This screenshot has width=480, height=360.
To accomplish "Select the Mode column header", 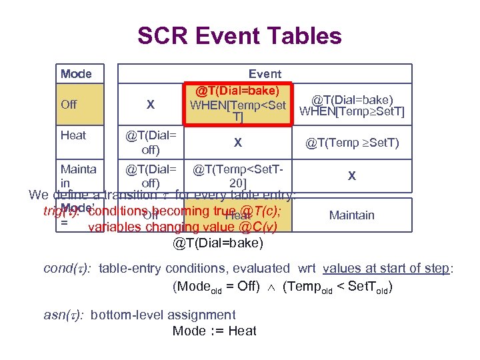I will [76, 73].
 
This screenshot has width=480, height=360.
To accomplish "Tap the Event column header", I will [265, 73].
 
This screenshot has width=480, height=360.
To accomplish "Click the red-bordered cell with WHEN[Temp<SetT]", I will [238, 104].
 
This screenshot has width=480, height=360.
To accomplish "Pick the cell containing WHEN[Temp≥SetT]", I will [352, 105].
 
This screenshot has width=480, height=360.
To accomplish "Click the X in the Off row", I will [150, 105].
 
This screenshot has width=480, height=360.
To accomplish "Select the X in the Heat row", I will [238, 142].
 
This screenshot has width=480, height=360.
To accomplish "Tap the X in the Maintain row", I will [352, 177].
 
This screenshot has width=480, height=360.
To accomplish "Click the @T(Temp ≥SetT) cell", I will [352, 142].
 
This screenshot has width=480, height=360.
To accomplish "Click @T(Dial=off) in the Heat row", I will [150, 142].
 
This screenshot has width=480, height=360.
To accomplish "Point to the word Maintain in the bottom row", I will [352, 215].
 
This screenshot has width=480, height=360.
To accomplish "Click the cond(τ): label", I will [67, 269].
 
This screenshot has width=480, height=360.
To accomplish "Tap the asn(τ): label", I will [63, 315].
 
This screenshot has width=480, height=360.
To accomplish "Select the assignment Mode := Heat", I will [214, 331].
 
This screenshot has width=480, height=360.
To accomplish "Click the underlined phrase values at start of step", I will [386, 269].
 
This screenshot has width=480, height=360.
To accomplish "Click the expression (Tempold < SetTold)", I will [337, 288].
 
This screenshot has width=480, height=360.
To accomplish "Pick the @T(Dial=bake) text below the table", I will [218, 243].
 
